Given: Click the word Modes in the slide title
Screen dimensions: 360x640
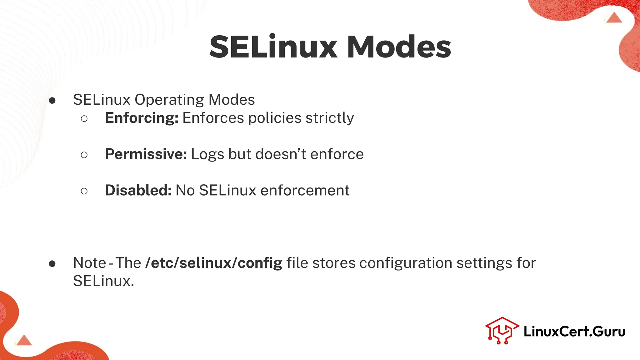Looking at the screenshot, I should tap(399, 47).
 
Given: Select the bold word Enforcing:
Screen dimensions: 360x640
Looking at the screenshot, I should tap(142, 118).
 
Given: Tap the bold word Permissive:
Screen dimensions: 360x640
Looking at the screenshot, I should tap(146, 154).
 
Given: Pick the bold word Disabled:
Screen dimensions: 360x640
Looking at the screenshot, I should tap(138, 191).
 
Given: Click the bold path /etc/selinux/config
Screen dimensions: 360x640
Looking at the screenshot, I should tap(214, 263).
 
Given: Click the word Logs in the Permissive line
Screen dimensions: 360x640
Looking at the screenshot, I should tap(207, 154).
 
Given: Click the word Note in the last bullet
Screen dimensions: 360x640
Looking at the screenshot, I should tap(90, 263).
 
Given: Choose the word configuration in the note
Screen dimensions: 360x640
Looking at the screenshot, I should tap(406, 263).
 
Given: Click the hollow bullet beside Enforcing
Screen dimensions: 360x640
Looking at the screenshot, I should tap(84, 118).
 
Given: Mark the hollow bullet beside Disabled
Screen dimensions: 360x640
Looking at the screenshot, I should tap(84, 191).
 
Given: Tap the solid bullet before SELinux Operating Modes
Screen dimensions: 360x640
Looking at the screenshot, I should tap(52, 101).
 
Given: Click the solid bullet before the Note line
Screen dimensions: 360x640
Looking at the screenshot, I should tap(52, 264).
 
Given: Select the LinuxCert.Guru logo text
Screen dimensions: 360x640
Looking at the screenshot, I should tap(574, 332).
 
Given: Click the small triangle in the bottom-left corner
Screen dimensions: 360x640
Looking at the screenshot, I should tap(24, 341).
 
